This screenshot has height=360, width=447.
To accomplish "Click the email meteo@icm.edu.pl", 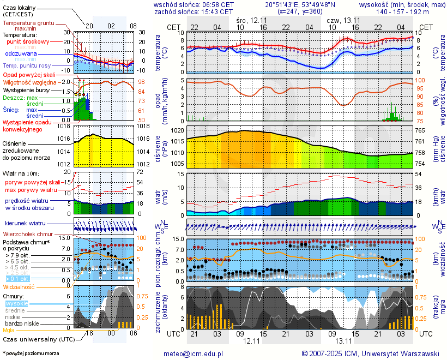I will click(x=194, y=353).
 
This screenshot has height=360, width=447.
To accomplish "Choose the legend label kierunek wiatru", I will click(x=25, y=224).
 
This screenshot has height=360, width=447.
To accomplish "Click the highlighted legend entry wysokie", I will click(x=16, y=303).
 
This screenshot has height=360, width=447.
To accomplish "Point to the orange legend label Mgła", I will click(x=9, y=330).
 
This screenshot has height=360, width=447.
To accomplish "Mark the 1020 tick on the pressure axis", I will click(x=177, y=131).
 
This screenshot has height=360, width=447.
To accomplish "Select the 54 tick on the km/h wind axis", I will click(x=420, y=174).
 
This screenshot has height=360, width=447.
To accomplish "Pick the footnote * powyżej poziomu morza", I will click(x=31, y=353).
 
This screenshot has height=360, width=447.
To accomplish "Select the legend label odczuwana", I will click(x=21, y=54).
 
